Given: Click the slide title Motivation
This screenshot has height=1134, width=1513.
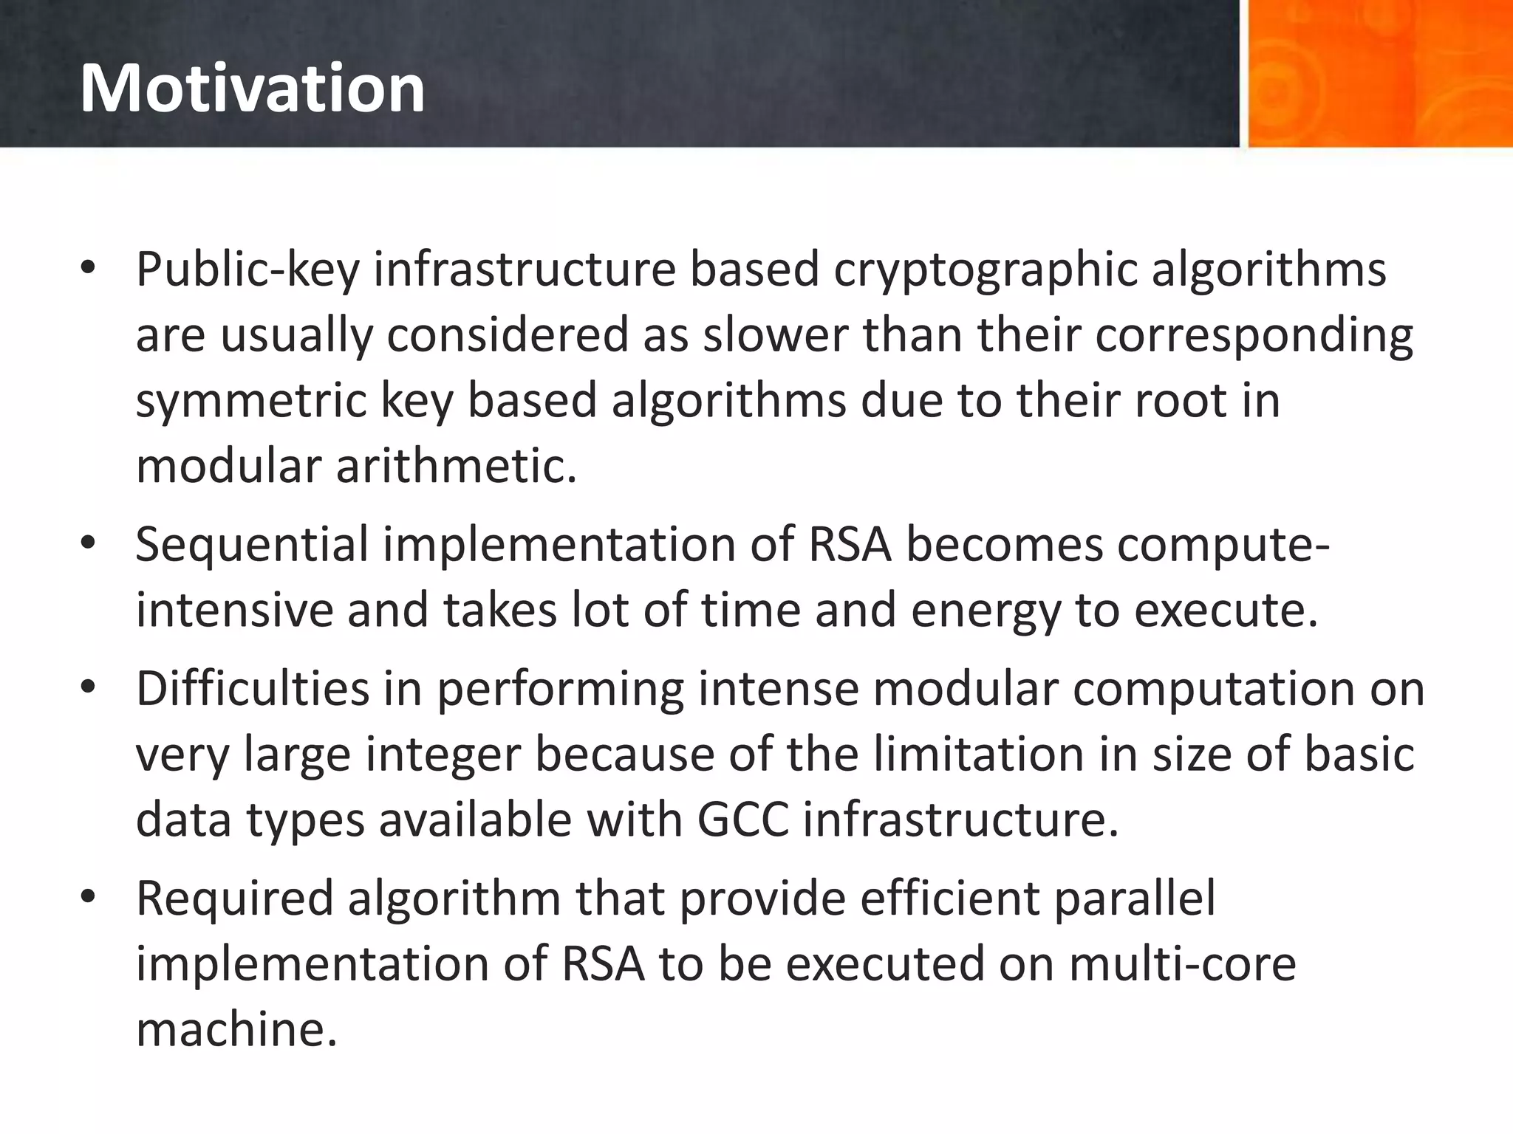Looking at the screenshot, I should coord(252,89).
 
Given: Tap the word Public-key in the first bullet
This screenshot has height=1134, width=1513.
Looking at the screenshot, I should coord(247,269).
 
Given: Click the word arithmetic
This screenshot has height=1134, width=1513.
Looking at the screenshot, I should coord(456,467).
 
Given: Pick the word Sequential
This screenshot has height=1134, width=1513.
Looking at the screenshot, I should coord(251,545).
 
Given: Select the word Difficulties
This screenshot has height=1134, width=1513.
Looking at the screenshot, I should coord(253,689).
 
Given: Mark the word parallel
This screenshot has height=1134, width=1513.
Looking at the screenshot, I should coord(1134,898).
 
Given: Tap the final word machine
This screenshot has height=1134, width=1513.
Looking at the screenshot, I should coord(236,1029).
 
